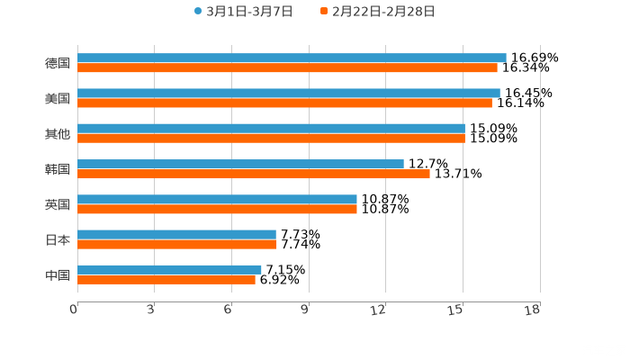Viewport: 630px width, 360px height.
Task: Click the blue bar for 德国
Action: point(292,58)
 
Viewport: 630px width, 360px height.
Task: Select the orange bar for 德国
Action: point(287,67)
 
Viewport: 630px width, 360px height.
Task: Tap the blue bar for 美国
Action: point(288,93)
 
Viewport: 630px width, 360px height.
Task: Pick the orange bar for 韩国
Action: point(253,174)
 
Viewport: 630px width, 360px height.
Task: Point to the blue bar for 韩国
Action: point(240,164)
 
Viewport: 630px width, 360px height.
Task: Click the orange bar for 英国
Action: point(217,209)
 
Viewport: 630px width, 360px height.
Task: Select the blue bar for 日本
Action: point(176,234)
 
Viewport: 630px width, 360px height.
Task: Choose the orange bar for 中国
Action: point(166,279)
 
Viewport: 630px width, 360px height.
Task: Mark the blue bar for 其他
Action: point(271,128)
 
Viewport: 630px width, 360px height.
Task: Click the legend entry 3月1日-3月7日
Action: point(244,12)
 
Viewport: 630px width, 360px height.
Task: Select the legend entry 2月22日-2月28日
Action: point(378,12)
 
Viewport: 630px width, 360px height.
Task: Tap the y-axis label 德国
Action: point(58,63)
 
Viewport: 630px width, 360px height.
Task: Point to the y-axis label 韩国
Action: point(58,169)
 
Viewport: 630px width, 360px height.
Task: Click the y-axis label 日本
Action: point(58,239)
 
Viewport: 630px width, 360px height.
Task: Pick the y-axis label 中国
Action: point(58,274)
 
